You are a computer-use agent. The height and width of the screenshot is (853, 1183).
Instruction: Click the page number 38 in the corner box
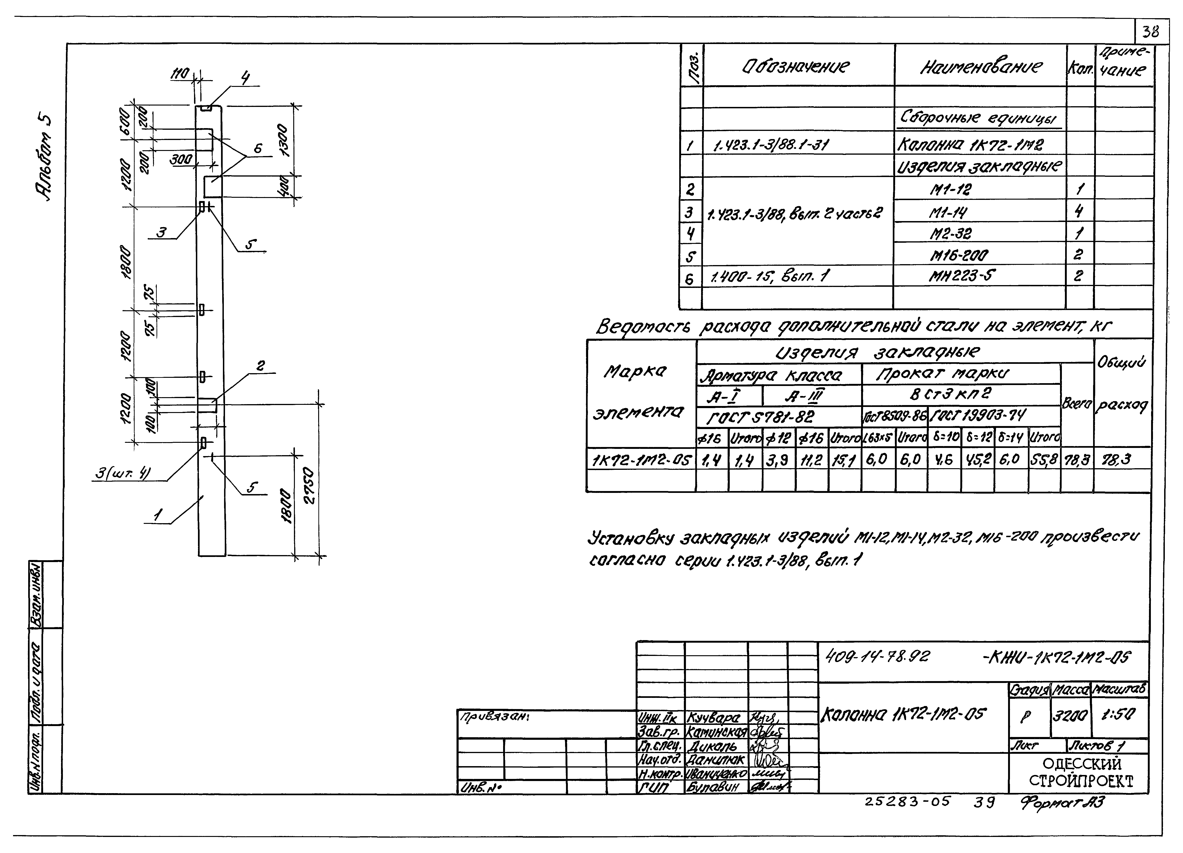pos(1150,32)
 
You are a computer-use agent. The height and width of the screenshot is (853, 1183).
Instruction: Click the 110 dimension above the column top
pos(181,75)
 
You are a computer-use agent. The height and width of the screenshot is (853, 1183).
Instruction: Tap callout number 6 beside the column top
pos(258,149)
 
